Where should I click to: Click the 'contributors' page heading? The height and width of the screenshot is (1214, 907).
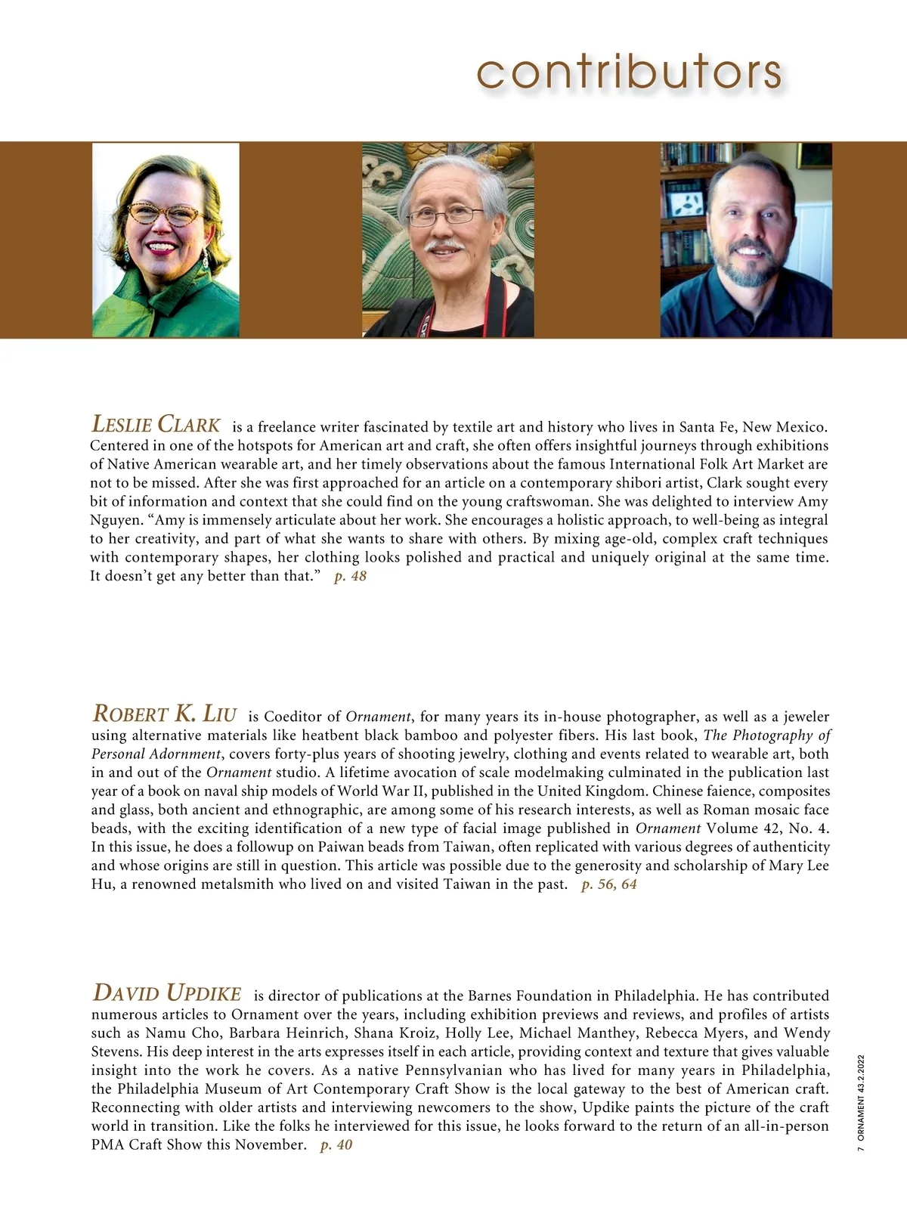629,73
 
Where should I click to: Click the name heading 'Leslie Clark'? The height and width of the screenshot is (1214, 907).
156,424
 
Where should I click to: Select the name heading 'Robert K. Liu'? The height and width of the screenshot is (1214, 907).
165,714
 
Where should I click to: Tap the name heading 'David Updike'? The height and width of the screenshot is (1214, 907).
167,993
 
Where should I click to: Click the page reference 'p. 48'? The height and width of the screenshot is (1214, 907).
350,577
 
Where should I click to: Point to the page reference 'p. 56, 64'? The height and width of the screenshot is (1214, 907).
608,884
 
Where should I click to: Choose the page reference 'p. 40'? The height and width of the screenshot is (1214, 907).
336,1145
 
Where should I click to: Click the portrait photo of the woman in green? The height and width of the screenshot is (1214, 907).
166,240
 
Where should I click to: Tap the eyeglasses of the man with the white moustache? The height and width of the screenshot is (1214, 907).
445,216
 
